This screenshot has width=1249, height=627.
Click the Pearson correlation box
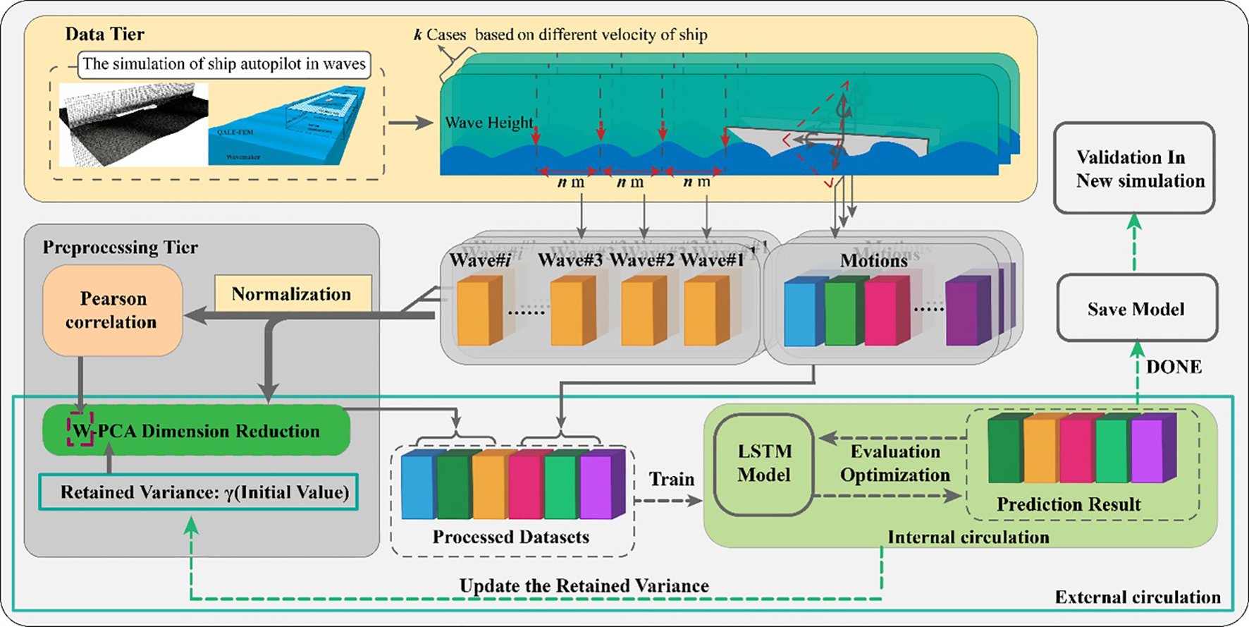click(x=112, y=310)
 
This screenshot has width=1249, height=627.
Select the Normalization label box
click(x=292, y=294)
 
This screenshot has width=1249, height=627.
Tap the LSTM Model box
click(x=764, y=463)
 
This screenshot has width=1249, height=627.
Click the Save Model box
click(x=1136, y=309)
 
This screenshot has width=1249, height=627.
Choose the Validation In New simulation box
click(x=1133, y=169)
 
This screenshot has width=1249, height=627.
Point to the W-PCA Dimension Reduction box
click(x=196, y=431)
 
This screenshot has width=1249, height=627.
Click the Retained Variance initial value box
click(x=198, y=492)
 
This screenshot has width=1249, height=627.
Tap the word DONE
click(x=1174, y=367)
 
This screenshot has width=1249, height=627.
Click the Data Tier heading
click(x=104, y=34)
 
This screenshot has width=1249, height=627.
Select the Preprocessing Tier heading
click(x=120, y=247)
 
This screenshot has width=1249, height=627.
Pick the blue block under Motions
click(x=804, y=311)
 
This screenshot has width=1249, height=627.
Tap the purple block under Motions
click(x=967, y=312)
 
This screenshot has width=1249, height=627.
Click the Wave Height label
click(x=489, y=123)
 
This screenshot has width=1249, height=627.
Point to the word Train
click(x=671, y=480)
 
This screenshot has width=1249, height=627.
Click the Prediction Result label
click(x=1068, y=504)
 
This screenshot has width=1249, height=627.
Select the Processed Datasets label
click(x=510, y=537)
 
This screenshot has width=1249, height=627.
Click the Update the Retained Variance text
click(x=584, y=585)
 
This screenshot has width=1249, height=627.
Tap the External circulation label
click(x=1137, y=597)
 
